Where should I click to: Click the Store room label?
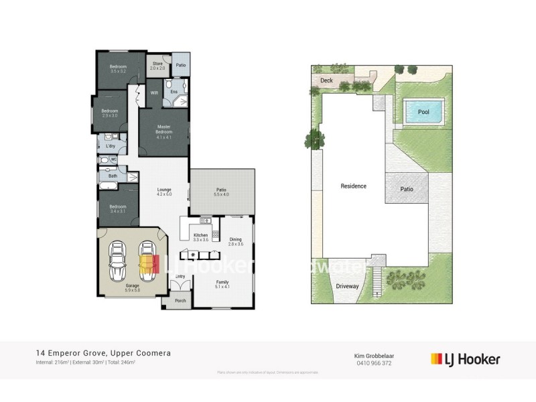157,66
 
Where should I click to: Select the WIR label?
154,92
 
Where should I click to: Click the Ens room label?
174,92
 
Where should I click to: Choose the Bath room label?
113,176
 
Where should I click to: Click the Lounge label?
164,191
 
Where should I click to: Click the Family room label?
222,284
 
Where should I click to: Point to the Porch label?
180,300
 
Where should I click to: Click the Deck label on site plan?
326,80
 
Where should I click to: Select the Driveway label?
348,286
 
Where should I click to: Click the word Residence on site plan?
353,186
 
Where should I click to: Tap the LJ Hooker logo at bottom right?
465,359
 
